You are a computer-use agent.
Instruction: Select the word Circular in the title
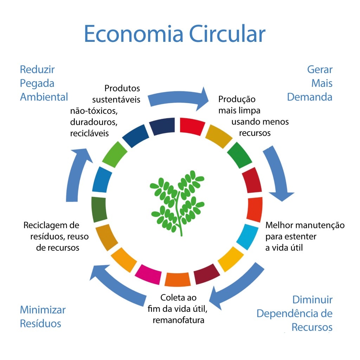227,34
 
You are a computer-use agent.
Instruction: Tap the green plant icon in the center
178,202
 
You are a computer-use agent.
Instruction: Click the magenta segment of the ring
148,273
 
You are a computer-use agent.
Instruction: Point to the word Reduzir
37,69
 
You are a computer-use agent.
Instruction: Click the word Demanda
309,97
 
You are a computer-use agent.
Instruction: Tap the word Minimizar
43,310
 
